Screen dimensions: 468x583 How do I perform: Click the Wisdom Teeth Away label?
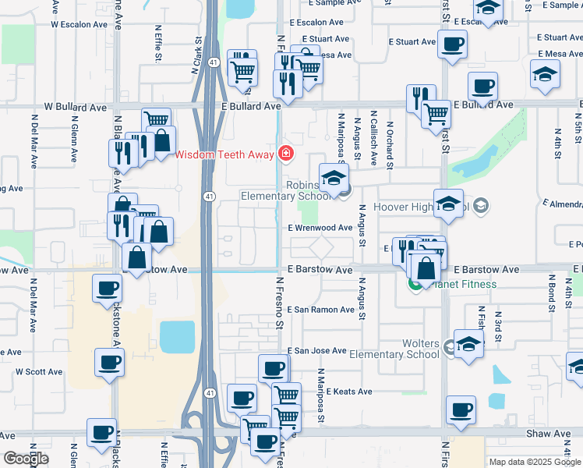(224, 154)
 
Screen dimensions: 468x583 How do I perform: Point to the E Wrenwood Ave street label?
(320, 228)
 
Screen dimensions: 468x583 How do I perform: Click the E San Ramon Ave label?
(321, 310)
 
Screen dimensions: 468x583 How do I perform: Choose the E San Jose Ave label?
(316, 351)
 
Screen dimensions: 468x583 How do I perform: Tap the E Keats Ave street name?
(349, 392)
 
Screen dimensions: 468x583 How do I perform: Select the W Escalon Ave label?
(78, 24)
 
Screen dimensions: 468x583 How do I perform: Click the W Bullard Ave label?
(74, 105)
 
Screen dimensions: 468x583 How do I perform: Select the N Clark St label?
(197, 52)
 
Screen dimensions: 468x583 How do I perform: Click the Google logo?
(26, 458)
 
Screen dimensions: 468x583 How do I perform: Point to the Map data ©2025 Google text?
(534, 462)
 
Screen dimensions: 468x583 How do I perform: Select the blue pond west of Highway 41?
(177, 337)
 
